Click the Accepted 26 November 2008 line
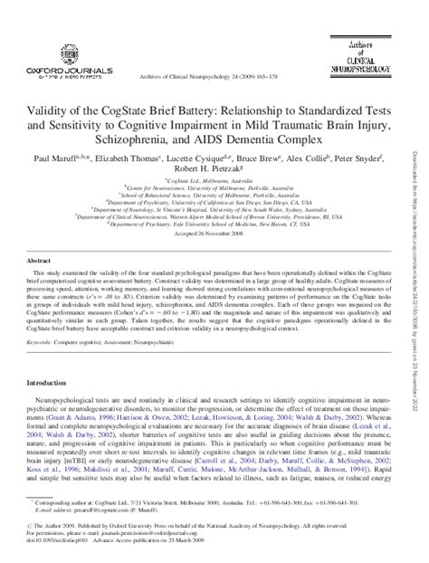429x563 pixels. [214, 256]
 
